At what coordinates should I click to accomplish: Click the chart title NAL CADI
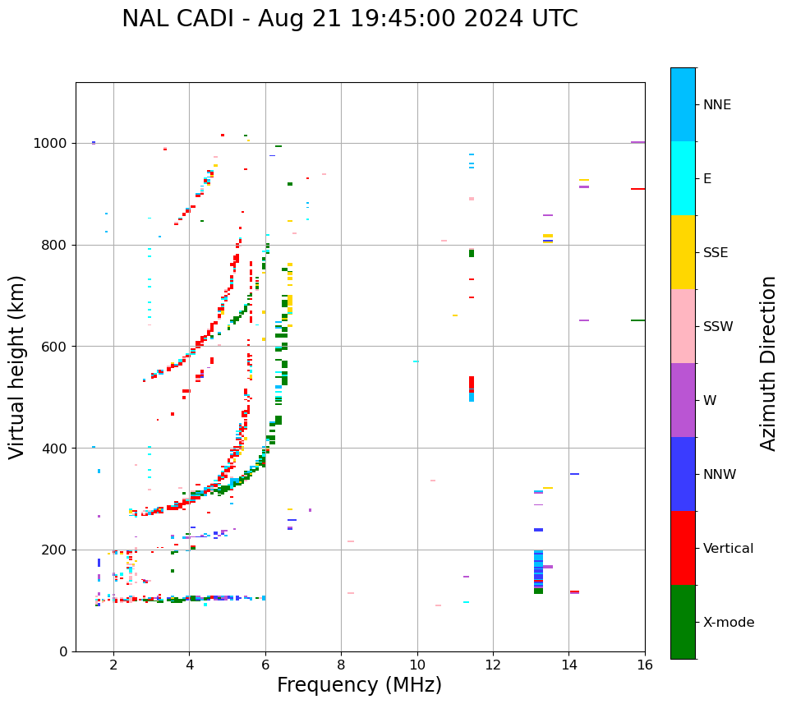coord(349,19)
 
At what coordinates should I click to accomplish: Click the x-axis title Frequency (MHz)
coord(359,685)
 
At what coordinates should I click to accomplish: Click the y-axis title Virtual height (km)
coord(17,366)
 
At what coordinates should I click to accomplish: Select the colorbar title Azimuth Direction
coord(768,363)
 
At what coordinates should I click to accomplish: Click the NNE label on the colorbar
coord(716,105)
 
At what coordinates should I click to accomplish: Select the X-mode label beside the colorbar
coord(729,623)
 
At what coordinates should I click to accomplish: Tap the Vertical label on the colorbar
coord(728,549)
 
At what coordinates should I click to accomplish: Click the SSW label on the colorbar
coord(718,327)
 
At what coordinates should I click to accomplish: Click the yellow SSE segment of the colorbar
coord(683,252)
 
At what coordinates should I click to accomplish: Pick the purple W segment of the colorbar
coord(683,400)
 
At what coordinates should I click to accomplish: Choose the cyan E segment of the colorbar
coord(683,178)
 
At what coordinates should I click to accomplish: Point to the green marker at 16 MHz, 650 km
coord(637,320)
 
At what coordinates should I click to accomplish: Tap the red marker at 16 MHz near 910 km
coord(637,189)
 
